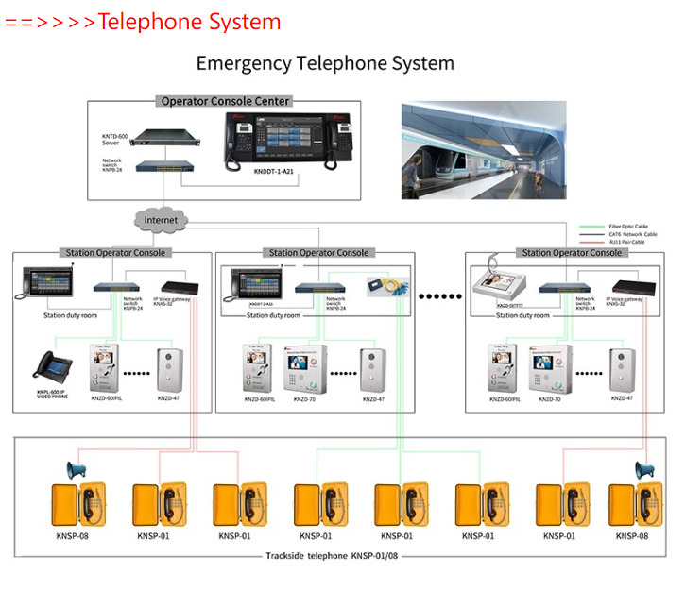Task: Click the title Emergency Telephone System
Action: pyautogui.click(x=325, y=63)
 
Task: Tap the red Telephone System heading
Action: pyautogui.click(x=189, y=21)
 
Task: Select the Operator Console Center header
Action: pyautogui.click(x=225, y=101)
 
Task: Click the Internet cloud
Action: pyautogui.click(x=161, y=220)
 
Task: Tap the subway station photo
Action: pyautogui.click(x=484, y=146)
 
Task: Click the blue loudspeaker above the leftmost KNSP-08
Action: pyautogui.click(x=76, y=469)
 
